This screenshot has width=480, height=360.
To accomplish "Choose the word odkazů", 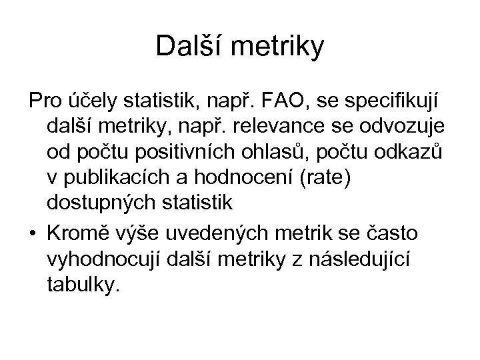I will [413, 150].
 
